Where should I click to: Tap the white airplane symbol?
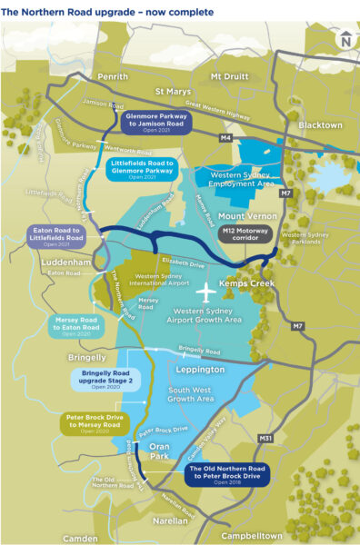[x=206, y=293]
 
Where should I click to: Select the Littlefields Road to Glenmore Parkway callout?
[x=143, y=168]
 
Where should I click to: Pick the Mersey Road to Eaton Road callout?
[x=76, y=325]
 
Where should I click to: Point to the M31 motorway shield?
[x=265, y=439]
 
